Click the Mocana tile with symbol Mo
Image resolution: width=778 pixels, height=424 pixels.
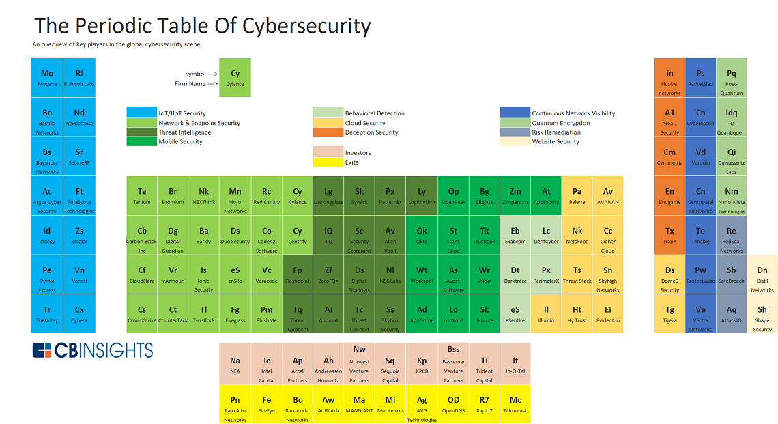point(47,78)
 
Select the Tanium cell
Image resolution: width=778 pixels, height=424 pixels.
point(142,196)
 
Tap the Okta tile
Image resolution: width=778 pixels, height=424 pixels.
point(422,236)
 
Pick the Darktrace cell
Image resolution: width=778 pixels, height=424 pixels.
point(515,274)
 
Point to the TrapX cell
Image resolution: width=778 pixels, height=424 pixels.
point(669,236)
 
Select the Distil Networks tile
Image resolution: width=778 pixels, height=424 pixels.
point(762,274)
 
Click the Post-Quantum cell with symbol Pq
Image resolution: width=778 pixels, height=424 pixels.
point(732,78)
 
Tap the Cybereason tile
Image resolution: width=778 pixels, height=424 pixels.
point(700,117)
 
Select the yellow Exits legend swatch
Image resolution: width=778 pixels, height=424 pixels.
point(328,162)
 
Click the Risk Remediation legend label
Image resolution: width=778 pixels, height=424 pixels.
point(556,132)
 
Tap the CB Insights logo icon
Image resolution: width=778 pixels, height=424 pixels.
point(42,350)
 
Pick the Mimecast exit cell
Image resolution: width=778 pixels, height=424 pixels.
point(515,404)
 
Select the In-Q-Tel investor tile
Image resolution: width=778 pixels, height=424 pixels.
point(515,365)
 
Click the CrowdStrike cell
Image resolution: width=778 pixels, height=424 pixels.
point(142,314)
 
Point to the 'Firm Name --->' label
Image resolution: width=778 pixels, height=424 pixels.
point(196,84)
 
